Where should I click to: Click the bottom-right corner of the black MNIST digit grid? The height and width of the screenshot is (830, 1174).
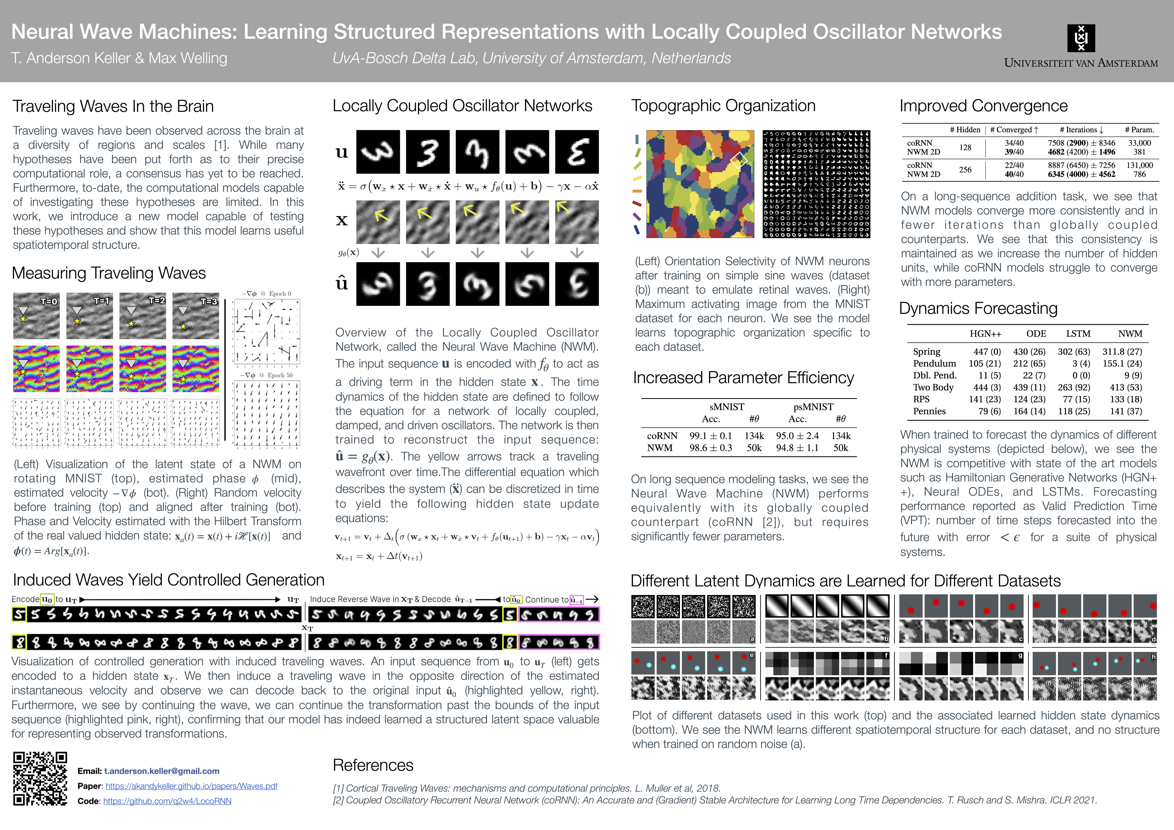pyautogui.click(x=870, y=238)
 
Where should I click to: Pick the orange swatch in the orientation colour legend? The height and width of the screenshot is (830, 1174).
pyautogui.click(x=637, y=191)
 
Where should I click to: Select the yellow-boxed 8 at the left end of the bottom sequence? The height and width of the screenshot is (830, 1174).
pyautogui.click(x=19, y=642)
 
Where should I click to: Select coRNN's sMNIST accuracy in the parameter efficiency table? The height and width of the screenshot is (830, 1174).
pyautogui.click(x=711, y=436)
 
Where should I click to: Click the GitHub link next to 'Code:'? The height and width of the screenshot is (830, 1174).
pyautogui.click(x=167, y=801)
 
